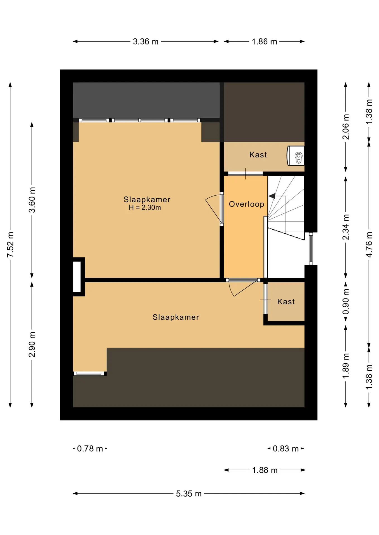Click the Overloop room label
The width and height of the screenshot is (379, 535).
(x=246, y=204)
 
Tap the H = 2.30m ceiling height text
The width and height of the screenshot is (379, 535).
(x=145, y=208)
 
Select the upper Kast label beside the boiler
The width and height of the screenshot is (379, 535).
(x=258, y=155)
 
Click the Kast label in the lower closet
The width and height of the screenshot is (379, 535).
(x=286, y=301)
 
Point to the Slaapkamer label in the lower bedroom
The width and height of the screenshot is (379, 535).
(x=176, y=317)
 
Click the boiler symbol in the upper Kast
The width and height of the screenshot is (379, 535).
(x=296, y=156)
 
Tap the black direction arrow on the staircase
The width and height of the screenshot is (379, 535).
(x=272, y=196)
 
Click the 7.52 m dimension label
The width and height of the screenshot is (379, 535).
(x=10, y=245)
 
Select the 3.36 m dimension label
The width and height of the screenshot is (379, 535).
(x=146, y=42)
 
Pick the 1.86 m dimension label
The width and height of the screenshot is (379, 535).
(x=264, y=42)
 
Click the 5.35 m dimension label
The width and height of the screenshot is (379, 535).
(x=189, y=493)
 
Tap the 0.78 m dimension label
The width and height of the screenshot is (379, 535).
(x=90, y=449)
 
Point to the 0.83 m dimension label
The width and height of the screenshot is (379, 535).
(x=286, y=449)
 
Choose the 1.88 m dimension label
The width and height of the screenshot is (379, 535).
(x=265, y=470)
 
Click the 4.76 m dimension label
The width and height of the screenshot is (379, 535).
(x=369, y=245)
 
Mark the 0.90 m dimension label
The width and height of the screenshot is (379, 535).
(x=346, y=301)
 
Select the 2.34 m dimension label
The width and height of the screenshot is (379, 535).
(x=346, y=227)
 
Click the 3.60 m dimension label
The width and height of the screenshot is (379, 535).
(x=32, y=200)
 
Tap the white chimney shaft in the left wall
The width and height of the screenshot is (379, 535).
(x=77, y=277)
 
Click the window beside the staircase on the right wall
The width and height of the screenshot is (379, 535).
(x=311, y=249)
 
